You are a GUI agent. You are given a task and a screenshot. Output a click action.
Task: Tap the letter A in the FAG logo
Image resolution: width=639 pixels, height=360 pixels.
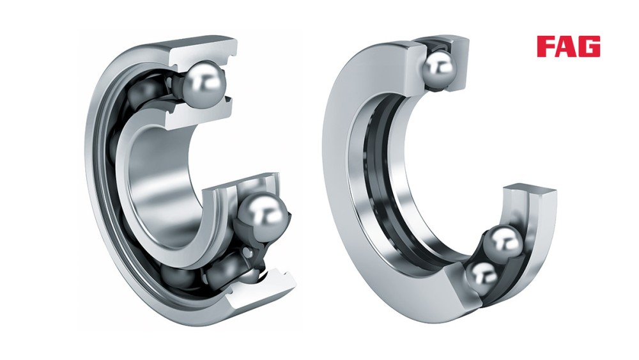[x=566, y=47]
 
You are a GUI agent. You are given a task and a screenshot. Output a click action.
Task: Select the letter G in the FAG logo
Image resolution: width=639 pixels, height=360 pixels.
[x=589, y=47]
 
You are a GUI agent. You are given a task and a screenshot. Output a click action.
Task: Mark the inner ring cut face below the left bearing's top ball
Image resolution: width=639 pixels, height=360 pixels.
[x=192, y=115]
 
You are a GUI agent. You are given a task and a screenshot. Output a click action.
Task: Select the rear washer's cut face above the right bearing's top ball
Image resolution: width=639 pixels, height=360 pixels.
[x=441, y=43]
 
